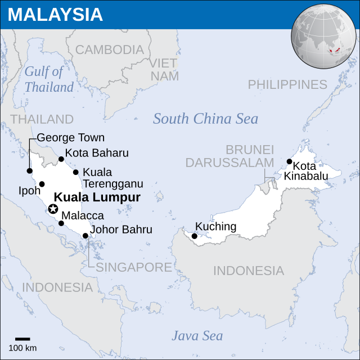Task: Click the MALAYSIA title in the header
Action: coord(55,15)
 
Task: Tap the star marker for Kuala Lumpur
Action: coord(53,209)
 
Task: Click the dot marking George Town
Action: coord(30,171)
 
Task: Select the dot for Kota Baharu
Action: coord(61,159)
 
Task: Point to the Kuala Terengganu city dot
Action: coord(76,172)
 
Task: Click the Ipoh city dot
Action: coord(42,184)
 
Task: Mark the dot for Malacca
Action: coord(61,223)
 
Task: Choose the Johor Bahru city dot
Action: coord(85,236)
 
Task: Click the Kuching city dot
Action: coord(195,236)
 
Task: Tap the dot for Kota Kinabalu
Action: coord(290,161)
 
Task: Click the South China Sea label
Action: coord(205,119)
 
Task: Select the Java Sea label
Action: coord(197,336)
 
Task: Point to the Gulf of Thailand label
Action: coord(49,79)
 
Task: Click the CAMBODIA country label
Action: coord(109,49)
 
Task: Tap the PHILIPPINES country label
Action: coord(287,84)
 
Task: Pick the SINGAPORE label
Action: coord(133,267)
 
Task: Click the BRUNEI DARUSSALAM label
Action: coord(229,156)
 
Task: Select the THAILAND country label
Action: coord(42,119)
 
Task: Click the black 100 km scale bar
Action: coord(22,339)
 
